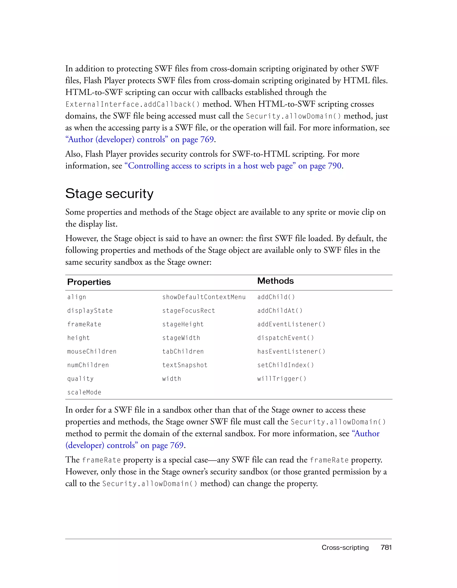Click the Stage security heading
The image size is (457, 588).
click(x=109, y=194)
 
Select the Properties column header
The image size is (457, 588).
click(x=89, y=282)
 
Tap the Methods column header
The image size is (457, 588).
click(x=275, y=281)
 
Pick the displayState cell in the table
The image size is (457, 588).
click(x=90, y=311)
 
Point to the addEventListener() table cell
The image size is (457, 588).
click(x=291, y=324)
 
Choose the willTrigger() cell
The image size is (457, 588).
click(x=282, y=379)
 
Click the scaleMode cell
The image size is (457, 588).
click(x=84, y=392)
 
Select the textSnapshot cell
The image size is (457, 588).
click(x=185, y=365)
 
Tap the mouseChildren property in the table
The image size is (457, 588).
click(x=92, y=351)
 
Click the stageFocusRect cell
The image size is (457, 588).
click(x=189, y=311)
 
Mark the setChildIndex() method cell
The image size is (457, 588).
click(x=285, y=365)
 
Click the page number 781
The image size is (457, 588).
click(x=386, y=547)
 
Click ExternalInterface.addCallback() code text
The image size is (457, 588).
click(x=133, y=105)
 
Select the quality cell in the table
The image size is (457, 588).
click(x=80, y=379)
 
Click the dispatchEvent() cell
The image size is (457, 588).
click(x=285, y=338)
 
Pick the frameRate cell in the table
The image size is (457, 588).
click(x=84, y=324)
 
